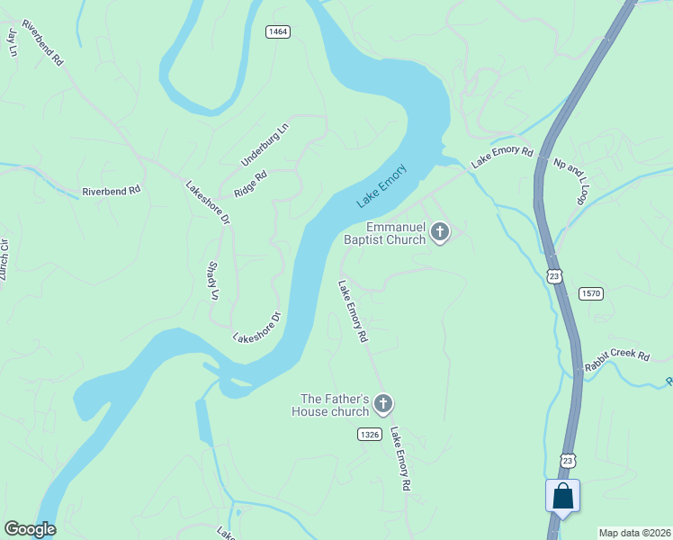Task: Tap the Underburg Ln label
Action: (x=265, y=144)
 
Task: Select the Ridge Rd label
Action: (x=251, y=184)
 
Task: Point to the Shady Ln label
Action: (x=214, y=281)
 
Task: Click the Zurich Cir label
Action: (x=4, y=259)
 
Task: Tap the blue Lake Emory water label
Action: (x=382, y=185)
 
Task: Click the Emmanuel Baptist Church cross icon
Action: (x=440, y=232)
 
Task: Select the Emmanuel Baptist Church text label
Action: (x=384, y=234)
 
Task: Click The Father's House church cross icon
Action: (x=383, y=405)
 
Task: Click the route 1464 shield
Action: (x=278, y=31)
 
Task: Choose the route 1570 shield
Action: (x=591, y=293)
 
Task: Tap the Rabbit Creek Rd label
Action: (x=616, y=354)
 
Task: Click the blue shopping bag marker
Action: (x=562, y=496)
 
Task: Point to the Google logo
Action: (x=30, y=529)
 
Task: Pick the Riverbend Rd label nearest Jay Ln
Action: (x=43, y=41)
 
